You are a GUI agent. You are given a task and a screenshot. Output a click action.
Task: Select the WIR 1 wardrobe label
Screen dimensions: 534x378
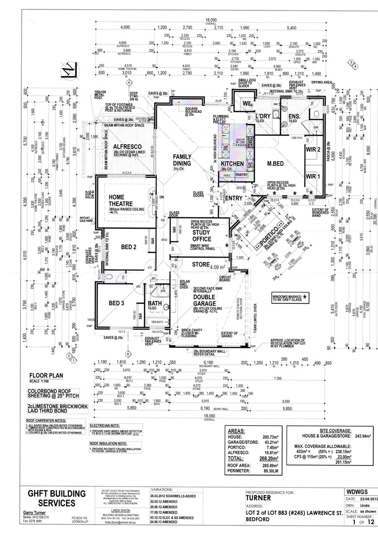[x=310, y=176]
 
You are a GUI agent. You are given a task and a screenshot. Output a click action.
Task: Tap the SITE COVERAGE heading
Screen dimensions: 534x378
[x=335, y=431]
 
